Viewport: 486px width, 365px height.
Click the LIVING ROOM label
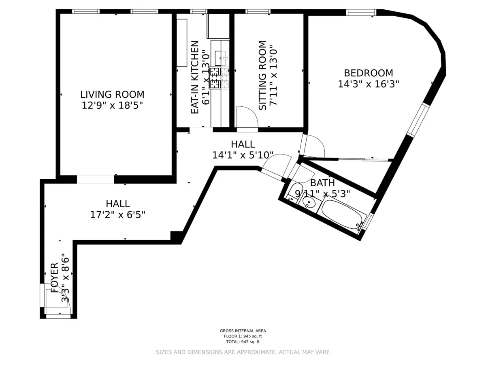[112, 94]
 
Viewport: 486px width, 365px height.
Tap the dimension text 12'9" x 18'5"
[112, 105]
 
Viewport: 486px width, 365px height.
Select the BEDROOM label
[368, 73]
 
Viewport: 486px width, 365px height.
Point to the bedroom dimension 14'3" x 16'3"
[368, 84]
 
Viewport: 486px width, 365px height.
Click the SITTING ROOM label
[262, 75]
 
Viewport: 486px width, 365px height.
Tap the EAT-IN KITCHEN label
[195, 77]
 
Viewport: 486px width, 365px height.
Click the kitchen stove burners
[219, 78]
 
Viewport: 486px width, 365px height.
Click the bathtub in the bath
[342, 214]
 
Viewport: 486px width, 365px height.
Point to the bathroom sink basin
[310, 203]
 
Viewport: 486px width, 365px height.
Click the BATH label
[322, 182]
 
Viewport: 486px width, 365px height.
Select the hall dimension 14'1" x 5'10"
[243, 155]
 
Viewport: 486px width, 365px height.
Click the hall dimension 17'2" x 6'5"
[117, 214]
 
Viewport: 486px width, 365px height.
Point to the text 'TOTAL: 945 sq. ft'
[243, 341]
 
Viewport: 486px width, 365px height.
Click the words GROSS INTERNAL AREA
[243, 331]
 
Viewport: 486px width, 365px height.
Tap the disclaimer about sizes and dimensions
[243, 352]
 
